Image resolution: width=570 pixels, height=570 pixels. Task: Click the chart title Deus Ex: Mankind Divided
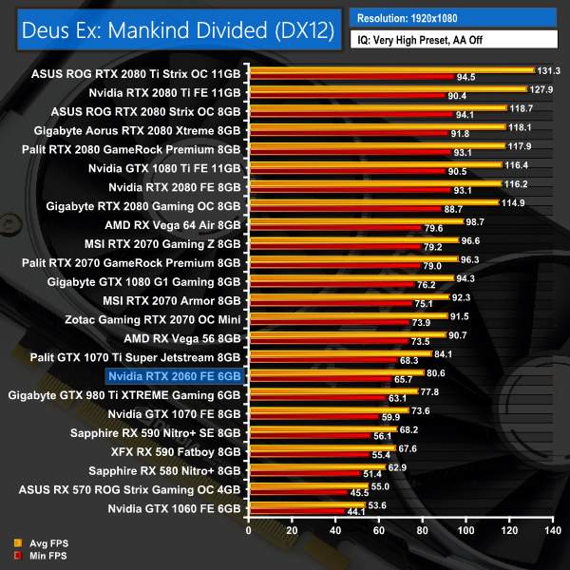pyautogui.click(x=175, y=31)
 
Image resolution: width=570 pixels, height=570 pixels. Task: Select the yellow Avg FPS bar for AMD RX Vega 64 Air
pyautogui.click(x=352, y=220)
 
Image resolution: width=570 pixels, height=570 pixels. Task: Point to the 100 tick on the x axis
pyautogui.click(x=465, y=530)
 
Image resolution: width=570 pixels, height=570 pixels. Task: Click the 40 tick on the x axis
pyautogui.click(x=334, y=530)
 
